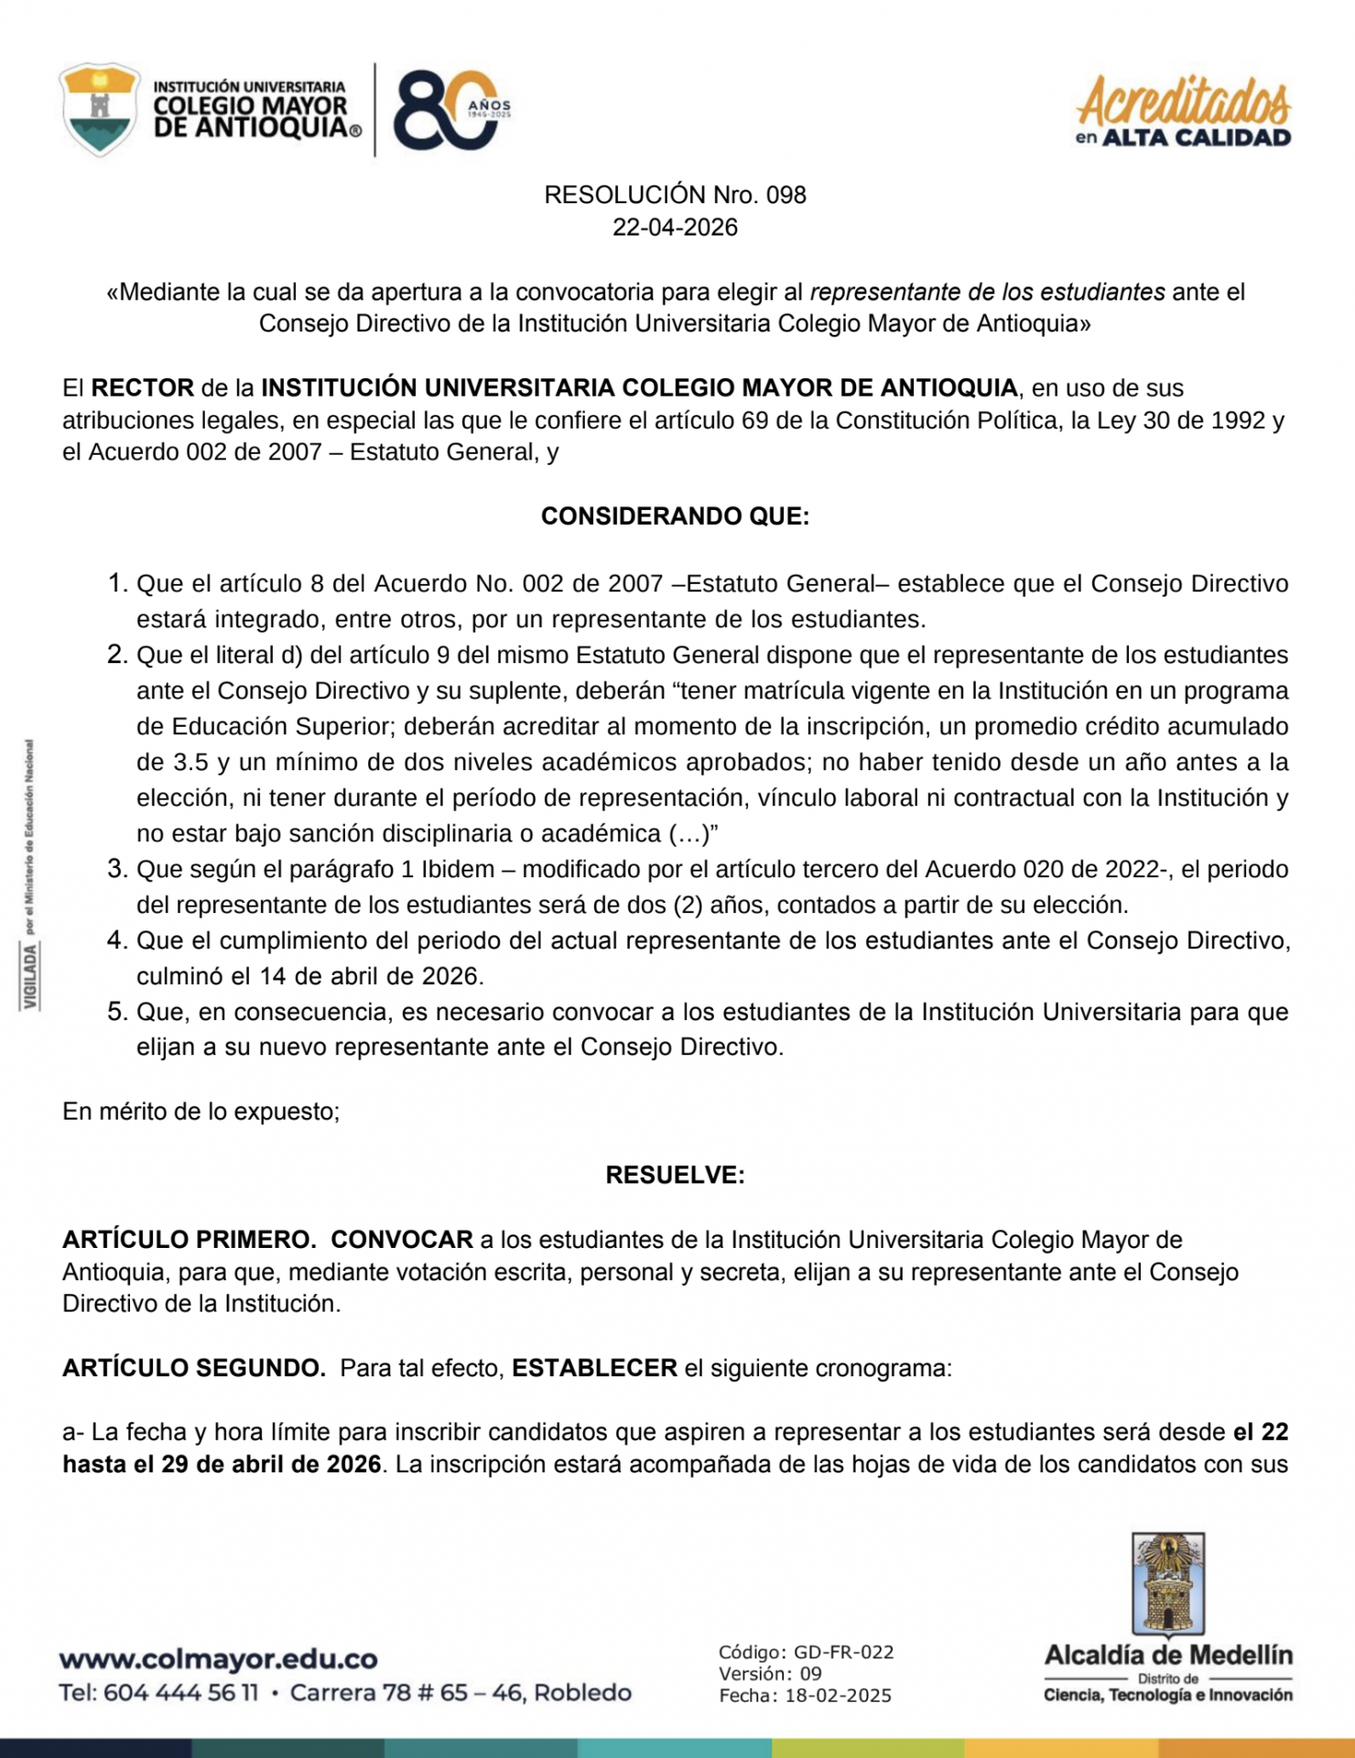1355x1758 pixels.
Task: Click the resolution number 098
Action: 786,195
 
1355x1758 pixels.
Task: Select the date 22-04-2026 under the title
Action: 675,227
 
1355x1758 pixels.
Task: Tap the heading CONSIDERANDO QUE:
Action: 675,516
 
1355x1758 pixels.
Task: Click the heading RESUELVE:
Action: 675,1176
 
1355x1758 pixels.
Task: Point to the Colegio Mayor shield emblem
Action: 100,109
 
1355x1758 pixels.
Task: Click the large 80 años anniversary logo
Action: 449,110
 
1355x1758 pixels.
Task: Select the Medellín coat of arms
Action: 1168,1585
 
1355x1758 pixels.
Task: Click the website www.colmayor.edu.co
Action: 218,1659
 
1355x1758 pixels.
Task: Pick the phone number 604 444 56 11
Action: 180,1693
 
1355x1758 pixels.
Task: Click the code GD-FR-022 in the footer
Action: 843,1653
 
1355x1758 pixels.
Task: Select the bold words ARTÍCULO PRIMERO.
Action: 190,1240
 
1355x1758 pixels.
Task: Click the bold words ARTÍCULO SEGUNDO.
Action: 194,1368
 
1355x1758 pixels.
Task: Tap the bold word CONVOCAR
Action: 402,1240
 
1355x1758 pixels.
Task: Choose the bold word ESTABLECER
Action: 594,1368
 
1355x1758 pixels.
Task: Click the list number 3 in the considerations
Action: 116,868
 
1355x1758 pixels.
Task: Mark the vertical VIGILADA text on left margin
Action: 31,975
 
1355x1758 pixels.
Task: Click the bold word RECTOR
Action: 143,388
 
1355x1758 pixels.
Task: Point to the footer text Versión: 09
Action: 770,1674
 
